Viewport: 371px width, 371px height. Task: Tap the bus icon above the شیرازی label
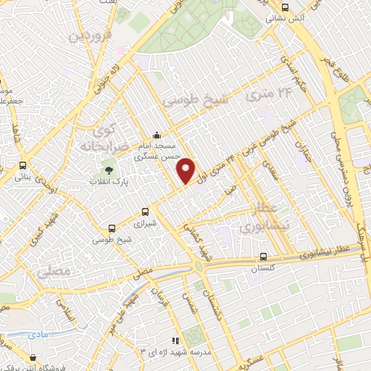coord(146,212)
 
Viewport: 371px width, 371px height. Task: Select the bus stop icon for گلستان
coord(263,257)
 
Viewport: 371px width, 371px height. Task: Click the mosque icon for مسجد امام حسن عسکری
coord(157,135)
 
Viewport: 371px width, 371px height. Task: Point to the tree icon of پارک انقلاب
coord(108,169)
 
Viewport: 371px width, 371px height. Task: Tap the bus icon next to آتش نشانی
coord(285,7)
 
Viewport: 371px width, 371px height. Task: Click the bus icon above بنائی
coord(23,165)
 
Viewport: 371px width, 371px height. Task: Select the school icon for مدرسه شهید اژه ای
coord(174,340)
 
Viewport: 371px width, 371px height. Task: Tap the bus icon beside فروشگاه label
coord(34,357)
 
